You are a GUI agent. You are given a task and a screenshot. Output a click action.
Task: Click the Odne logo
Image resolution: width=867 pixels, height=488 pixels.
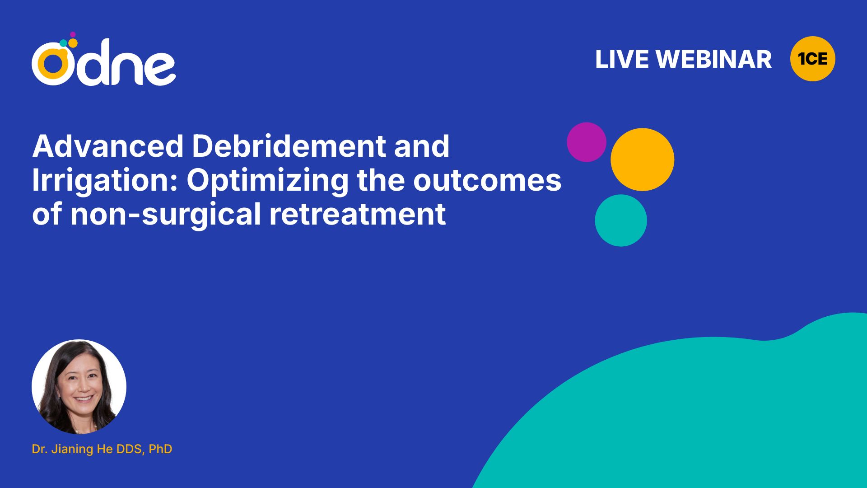tap(103, 59)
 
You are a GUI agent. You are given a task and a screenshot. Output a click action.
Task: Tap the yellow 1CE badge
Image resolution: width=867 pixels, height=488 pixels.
tap(812, 59)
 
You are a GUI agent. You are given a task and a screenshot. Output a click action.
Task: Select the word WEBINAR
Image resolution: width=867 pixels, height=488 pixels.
tap(713, 59)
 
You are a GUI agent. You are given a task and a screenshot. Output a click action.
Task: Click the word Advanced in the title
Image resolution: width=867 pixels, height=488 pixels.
tap(108, 146)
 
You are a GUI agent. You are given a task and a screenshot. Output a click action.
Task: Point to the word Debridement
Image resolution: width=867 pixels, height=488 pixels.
tap(289, 146)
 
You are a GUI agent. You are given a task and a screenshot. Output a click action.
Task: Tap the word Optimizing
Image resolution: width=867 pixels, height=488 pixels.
tap(267, 181)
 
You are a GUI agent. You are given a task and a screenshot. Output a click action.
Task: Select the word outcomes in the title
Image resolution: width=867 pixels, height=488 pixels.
tap(487, 181)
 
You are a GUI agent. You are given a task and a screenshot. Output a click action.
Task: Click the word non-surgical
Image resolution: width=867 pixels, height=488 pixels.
tap(165, 215)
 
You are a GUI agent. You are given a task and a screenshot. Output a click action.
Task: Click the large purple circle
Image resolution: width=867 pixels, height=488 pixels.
tap(586, 142)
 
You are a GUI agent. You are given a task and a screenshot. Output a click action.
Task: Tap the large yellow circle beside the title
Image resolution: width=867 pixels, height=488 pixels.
tap(642, 160)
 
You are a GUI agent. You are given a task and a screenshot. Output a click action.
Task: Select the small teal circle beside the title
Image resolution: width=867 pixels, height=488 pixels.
tap(621, 221)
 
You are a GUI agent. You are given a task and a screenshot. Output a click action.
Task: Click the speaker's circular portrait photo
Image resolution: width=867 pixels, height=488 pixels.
tap(79, 387)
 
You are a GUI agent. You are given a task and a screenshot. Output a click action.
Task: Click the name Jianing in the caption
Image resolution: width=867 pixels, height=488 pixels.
tap(72, 449)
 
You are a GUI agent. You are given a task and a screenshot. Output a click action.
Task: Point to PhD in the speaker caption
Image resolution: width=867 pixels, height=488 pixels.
tap(160, 449)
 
